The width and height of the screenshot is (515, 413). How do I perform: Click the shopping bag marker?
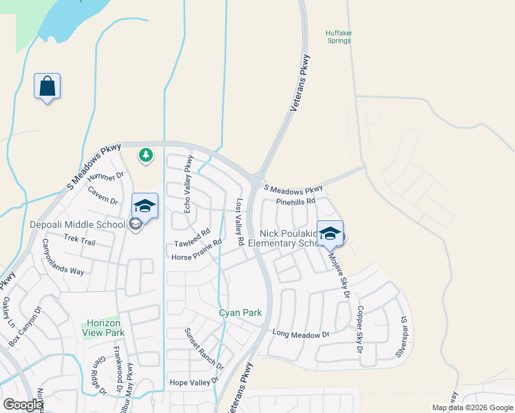47,87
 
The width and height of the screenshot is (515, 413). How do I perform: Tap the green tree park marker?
145,156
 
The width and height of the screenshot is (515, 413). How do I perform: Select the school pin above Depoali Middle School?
145,206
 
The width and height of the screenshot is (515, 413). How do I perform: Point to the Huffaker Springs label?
338,36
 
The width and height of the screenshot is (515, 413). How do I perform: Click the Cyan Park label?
240,313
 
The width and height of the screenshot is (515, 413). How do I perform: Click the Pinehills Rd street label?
295,202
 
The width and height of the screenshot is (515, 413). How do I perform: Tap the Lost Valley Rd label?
240,223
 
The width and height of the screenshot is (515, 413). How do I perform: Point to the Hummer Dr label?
110,176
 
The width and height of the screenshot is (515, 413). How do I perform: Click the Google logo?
23,405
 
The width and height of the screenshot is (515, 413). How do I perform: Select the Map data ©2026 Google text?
472,407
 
